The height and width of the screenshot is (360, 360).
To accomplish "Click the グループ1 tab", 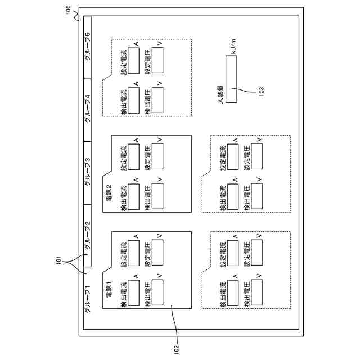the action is pos(88,298).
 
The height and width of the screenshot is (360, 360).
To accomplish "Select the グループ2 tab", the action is pos(88,236).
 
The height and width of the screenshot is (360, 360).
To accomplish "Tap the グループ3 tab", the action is pos(88,173).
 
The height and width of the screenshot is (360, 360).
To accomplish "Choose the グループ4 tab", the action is pos(88,110).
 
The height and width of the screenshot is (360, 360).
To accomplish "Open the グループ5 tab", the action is pos(88,47).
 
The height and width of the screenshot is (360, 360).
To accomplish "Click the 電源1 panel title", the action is pos(109,289).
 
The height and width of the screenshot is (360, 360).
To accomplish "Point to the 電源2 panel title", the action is pos(109,193).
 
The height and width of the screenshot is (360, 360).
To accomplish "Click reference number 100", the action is pos(68,10).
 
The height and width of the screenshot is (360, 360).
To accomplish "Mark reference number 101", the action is pos(58,260).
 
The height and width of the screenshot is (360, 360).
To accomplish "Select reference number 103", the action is pos(261,91).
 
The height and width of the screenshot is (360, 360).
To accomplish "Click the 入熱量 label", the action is pos(220,94).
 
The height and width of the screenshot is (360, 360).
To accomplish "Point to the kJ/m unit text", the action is pos(233,46).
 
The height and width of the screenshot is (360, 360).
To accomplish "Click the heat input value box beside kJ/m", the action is pos(231,79).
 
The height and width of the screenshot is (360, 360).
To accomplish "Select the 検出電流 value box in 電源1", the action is pos(133,292).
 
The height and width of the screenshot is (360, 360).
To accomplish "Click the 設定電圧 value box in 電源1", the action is pos(157,253).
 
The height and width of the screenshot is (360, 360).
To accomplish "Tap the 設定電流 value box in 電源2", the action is pos(133,157).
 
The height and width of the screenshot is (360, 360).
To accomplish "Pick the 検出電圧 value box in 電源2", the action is pos(157,196).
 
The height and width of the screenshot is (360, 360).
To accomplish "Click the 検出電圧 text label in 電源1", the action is pos(148,294).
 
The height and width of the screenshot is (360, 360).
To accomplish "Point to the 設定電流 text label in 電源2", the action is pos(124,158).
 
